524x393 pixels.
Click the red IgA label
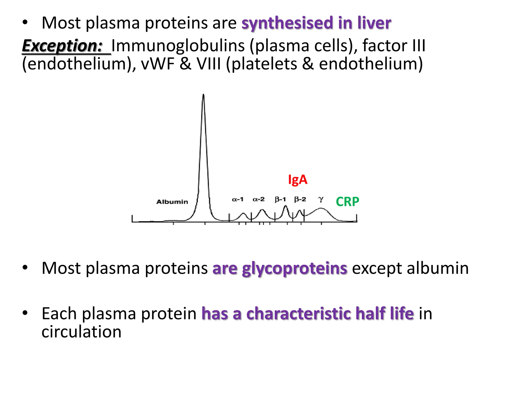tap(297, 180)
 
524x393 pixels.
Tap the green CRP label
tap(347, 202)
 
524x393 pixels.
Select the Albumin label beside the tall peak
tap(172, 202)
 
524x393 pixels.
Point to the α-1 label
tap(237, 199)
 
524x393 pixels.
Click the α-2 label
tap(258, 199)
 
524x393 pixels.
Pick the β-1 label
tap(280, 199)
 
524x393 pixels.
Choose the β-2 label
tap(300, 199)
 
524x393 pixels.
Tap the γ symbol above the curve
tap(321, 199)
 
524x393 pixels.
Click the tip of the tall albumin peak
tap(203, 95)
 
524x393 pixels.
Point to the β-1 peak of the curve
tap(286, 206)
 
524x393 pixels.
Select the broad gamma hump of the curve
tap(320, 209)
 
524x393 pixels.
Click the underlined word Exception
tap(62, 46)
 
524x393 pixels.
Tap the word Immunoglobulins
tap(178, 46)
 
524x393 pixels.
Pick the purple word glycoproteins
tap(294, 268)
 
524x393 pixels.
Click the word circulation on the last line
tap(81, 332)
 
